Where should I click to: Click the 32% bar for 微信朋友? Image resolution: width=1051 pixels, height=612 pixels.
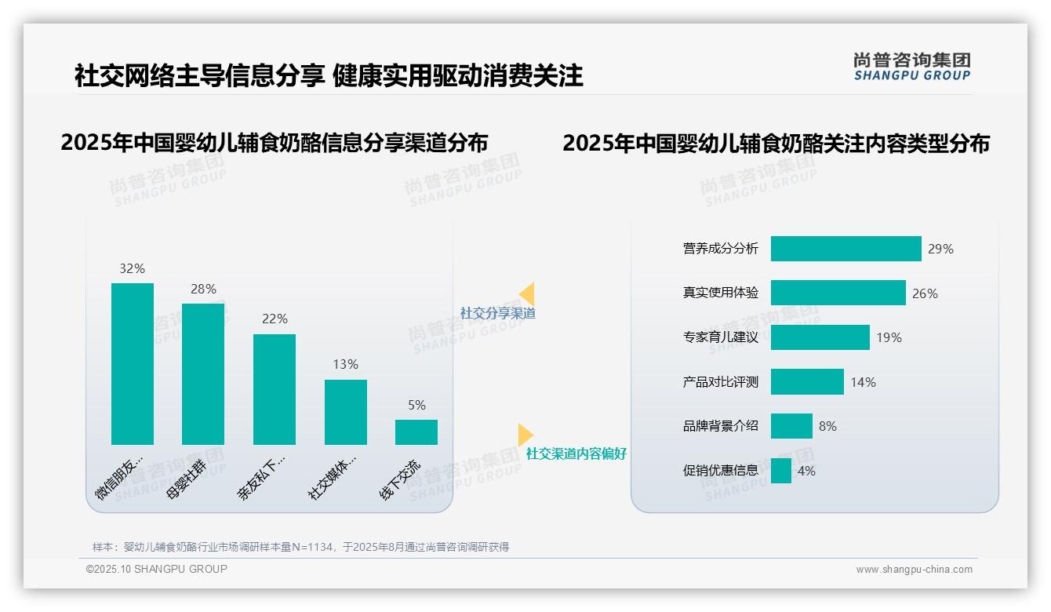[x=133, y=364]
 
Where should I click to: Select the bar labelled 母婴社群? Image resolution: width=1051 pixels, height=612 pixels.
[x=203, y=374]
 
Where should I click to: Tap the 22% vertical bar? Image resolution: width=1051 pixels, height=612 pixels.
[x=275, y=389]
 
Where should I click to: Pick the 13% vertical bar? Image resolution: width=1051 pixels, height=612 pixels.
[x=346, y=412]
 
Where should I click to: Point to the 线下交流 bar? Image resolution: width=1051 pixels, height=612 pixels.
[x=416, y=432]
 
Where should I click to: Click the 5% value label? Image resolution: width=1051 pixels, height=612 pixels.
[x=416, y=405]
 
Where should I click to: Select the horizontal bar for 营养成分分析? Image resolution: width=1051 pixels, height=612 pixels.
[x=846, y=249]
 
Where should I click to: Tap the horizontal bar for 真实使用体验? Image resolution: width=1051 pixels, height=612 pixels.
[x=838, y=293]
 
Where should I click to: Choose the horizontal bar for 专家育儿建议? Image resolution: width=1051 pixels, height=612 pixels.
[x=820, y=337]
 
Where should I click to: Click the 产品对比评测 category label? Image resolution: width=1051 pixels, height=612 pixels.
[x=720, y=382]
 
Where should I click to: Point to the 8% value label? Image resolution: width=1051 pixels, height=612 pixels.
[x=827, y=426]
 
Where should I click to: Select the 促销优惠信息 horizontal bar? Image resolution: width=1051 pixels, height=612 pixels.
[x=780, y=471]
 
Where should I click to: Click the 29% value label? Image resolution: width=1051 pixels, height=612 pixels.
[x=940, y=249]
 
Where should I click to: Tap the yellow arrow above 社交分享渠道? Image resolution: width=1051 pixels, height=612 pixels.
[x=527, y=294]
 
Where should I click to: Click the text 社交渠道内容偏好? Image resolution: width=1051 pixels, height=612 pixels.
[x=576, y=454]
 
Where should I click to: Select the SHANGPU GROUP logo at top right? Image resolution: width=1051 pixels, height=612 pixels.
[x=912, y=67]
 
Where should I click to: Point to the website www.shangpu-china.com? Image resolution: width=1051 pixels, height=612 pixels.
[x=914, y=570]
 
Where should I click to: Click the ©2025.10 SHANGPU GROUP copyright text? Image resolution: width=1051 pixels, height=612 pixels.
[x=157, y=570]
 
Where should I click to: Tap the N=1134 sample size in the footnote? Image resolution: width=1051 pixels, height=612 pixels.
[x=314, y=547]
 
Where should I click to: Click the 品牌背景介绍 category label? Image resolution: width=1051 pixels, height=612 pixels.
[x=720, y=426]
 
